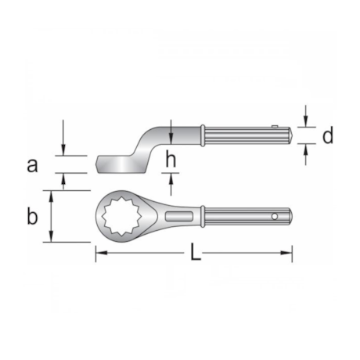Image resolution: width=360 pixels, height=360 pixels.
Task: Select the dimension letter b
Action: click(32, 217)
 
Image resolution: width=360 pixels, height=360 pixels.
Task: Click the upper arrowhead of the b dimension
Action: click(51, 193)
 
